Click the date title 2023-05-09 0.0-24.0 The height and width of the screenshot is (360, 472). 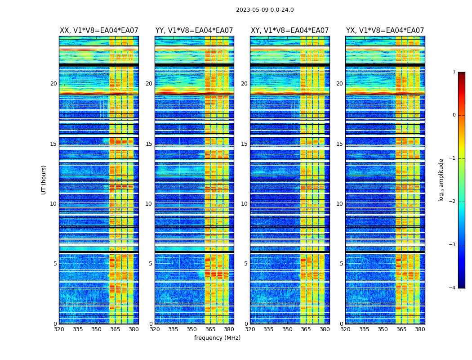pos(265,10)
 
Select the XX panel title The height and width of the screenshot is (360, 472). pos(99,31)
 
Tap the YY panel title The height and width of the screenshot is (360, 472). pos(194,31)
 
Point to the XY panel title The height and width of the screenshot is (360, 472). pos(290,31)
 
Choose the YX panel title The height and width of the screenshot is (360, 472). pos(385,31)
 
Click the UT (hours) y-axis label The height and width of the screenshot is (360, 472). pos(44,180)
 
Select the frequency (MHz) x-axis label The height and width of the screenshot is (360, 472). pos(217,338)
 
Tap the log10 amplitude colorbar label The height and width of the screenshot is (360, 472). pos(441,180)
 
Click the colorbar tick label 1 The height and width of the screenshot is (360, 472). pos(454,72)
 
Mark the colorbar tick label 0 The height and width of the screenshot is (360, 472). pos(454,115)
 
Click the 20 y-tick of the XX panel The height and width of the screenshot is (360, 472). pos(53,84)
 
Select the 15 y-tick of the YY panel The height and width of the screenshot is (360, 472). pos(149,144)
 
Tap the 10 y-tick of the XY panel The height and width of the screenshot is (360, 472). pos(244,204)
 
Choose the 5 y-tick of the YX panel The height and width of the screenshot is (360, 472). pos(341,264)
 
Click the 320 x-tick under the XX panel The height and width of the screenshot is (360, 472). pos(59,329)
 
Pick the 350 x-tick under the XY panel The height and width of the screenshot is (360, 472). pos(287,329)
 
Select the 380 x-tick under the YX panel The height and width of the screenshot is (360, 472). pos(420,329)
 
